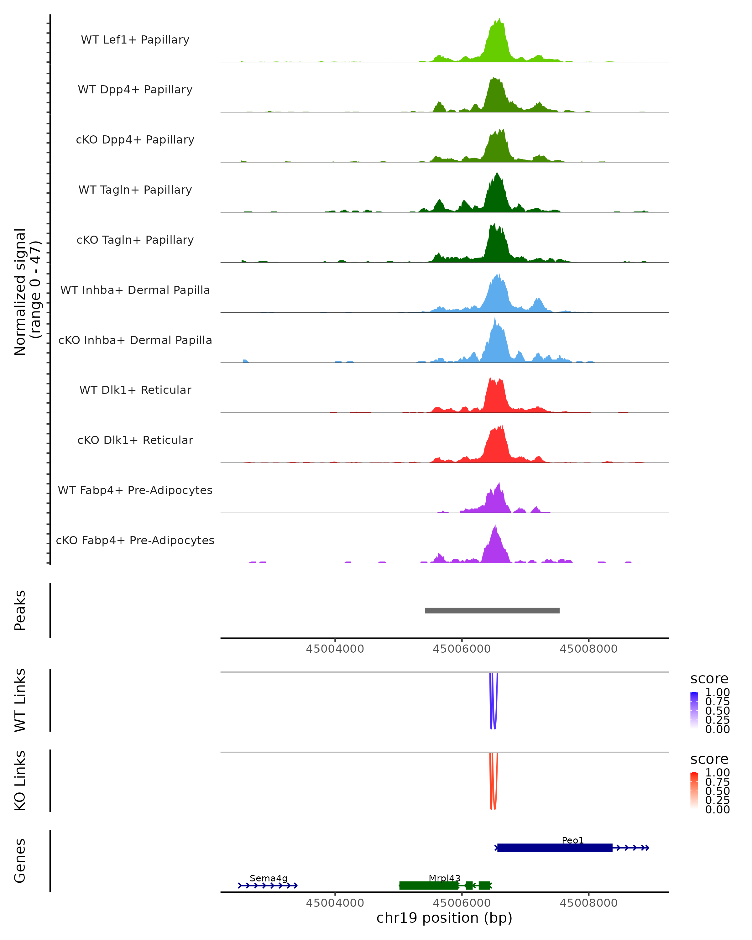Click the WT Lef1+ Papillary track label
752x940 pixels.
[135, 40]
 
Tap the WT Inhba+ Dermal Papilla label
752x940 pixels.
[135, 290]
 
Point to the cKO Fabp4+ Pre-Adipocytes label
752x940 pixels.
[135, 540]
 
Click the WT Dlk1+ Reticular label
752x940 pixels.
[135, 390]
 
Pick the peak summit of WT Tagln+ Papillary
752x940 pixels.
[497, 174]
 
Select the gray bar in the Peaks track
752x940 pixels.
[492, 610]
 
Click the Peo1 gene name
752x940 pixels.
[572, 840]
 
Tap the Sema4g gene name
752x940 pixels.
[269, 878]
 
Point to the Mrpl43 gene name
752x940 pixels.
[444, 878]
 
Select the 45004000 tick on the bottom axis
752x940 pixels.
[335, 902]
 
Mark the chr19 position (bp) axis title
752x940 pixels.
[444, 918]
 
